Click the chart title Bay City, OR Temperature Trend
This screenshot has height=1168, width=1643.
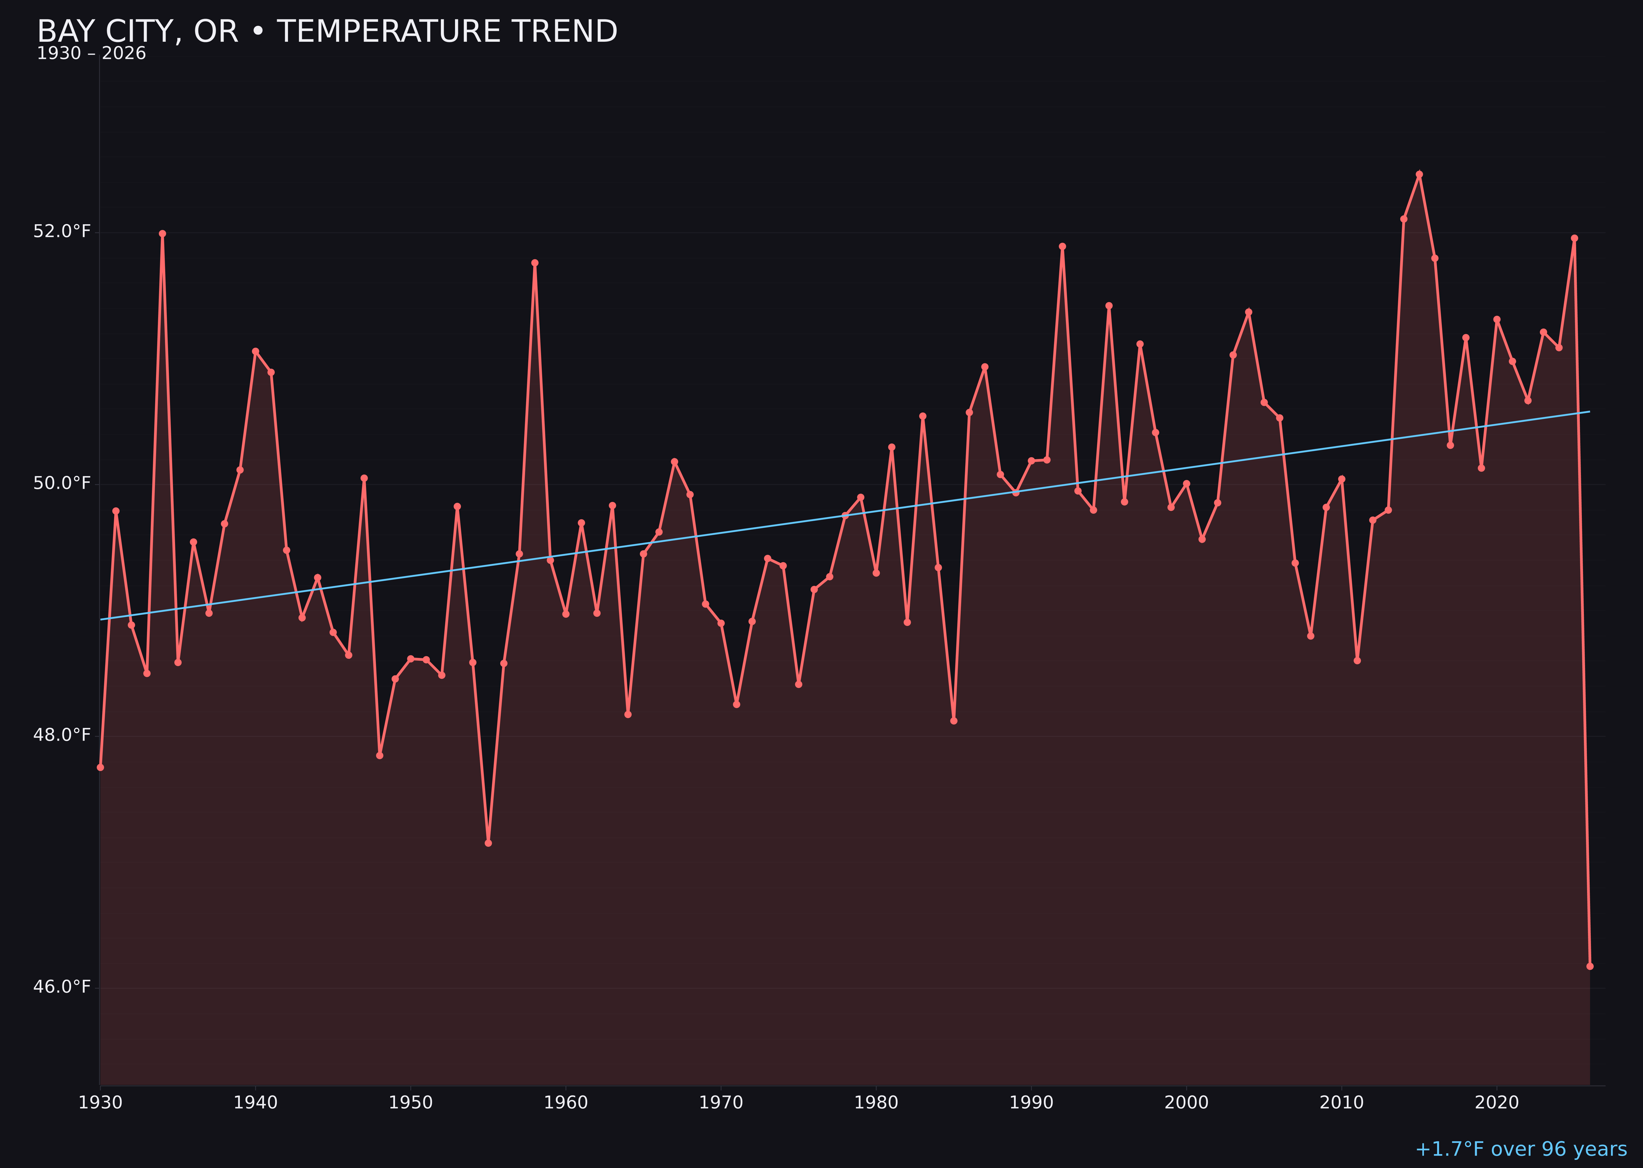click(327, 32)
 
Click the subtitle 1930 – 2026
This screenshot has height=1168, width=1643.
click(91, 54)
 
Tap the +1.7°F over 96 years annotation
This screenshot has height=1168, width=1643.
click(1520, 1149)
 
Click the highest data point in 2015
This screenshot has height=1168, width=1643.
click(1419, 174)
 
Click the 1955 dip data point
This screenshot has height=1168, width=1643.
click(488, 843)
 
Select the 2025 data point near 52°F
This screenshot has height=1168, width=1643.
click(1574, 238)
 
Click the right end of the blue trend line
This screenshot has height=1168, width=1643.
click(1589, 412)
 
